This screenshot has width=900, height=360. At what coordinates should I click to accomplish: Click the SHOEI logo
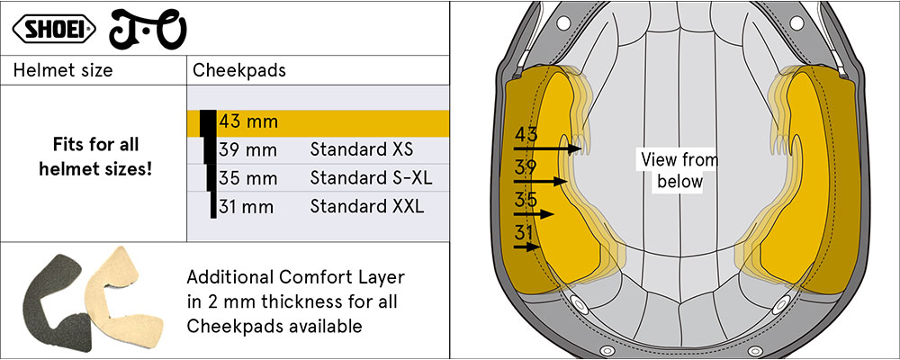pos(54,30)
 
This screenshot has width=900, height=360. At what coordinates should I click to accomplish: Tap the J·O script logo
pos(148,30)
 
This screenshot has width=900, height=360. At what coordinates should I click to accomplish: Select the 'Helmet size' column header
pos(63,70)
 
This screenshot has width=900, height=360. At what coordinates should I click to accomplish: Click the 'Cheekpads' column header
pos(239,70)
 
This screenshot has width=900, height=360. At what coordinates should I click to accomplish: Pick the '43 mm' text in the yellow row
pos(248,121)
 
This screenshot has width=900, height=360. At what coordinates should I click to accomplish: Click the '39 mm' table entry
pos(248,150)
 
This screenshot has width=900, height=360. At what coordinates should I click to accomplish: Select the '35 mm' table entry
pos(248,178)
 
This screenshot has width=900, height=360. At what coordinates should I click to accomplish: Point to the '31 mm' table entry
pos(247,206)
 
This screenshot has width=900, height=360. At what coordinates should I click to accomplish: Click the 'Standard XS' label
pos(362,150)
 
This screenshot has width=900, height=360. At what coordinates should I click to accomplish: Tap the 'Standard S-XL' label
pos(372,178)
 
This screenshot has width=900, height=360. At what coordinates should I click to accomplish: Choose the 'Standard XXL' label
pos(367,206)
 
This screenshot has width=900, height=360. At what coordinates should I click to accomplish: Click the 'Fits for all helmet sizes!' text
pos(96,157)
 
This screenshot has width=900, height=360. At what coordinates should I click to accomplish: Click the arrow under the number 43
pos(547,148)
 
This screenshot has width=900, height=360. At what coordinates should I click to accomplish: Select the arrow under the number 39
pos(540,182)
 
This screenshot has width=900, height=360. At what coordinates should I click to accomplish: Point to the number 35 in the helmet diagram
pos(526,200)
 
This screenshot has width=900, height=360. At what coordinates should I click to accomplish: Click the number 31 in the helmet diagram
pos(524,233)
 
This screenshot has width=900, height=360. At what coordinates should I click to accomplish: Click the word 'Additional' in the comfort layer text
pos(229,276)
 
